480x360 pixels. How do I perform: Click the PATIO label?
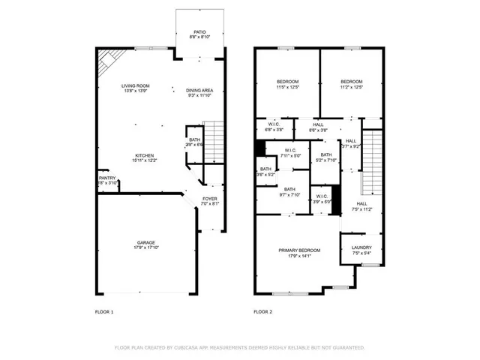199,32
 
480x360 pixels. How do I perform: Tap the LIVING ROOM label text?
136,85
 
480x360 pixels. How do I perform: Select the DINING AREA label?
199,90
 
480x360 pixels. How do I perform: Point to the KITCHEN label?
144,155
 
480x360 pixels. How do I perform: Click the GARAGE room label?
145,242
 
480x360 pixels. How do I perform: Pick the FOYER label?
210,198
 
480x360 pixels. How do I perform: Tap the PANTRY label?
107,178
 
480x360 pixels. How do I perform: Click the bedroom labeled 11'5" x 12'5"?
287,81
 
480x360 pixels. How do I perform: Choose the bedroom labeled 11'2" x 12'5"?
351,81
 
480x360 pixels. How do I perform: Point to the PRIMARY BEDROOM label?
299,250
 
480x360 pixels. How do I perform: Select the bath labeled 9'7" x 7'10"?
289,189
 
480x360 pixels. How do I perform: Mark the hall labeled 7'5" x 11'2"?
361,203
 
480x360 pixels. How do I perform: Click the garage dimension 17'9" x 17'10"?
145,247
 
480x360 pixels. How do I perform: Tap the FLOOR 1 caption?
103,311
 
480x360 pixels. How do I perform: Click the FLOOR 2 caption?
262,311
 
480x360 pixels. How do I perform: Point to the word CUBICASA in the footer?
192,348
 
